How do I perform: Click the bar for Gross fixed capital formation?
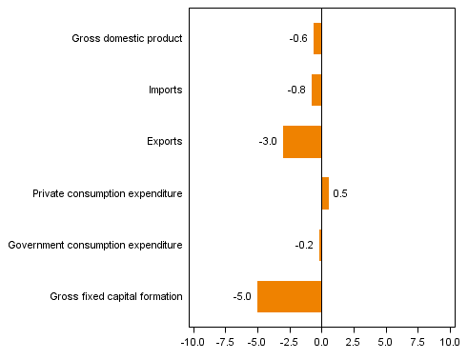click(290, 296)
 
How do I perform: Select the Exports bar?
click(302, 141)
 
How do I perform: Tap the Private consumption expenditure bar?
click(325, 193)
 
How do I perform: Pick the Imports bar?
click(316, 90)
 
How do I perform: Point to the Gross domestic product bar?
click(317, 38)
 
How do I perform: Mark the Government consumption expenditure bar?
click(320, 245)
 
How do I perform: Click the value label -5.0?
click(242, 296)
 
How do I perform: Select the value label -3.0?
click(268, 142)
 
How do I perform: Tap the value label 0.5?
click(339, 193)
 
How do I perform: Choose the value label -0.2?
click(304, 245)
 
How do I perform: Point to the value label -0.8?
click(296, 90)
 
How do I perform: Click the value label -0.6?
click(298, 39)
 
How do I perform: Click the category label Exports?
click(164, 142)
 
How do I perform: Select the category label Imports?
click(165, 90)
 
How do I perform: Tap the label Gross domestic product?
click(127, 39)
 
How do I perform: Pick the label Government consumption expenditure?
click(94, 245)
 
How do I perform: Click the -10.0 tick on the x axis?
click(192, 341)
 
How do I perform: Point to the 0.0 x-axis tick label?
click(321, 341)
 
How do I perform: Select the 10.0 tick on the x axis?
click(449, 341)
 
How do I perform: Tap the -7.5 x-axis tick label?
click(225, 341)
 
